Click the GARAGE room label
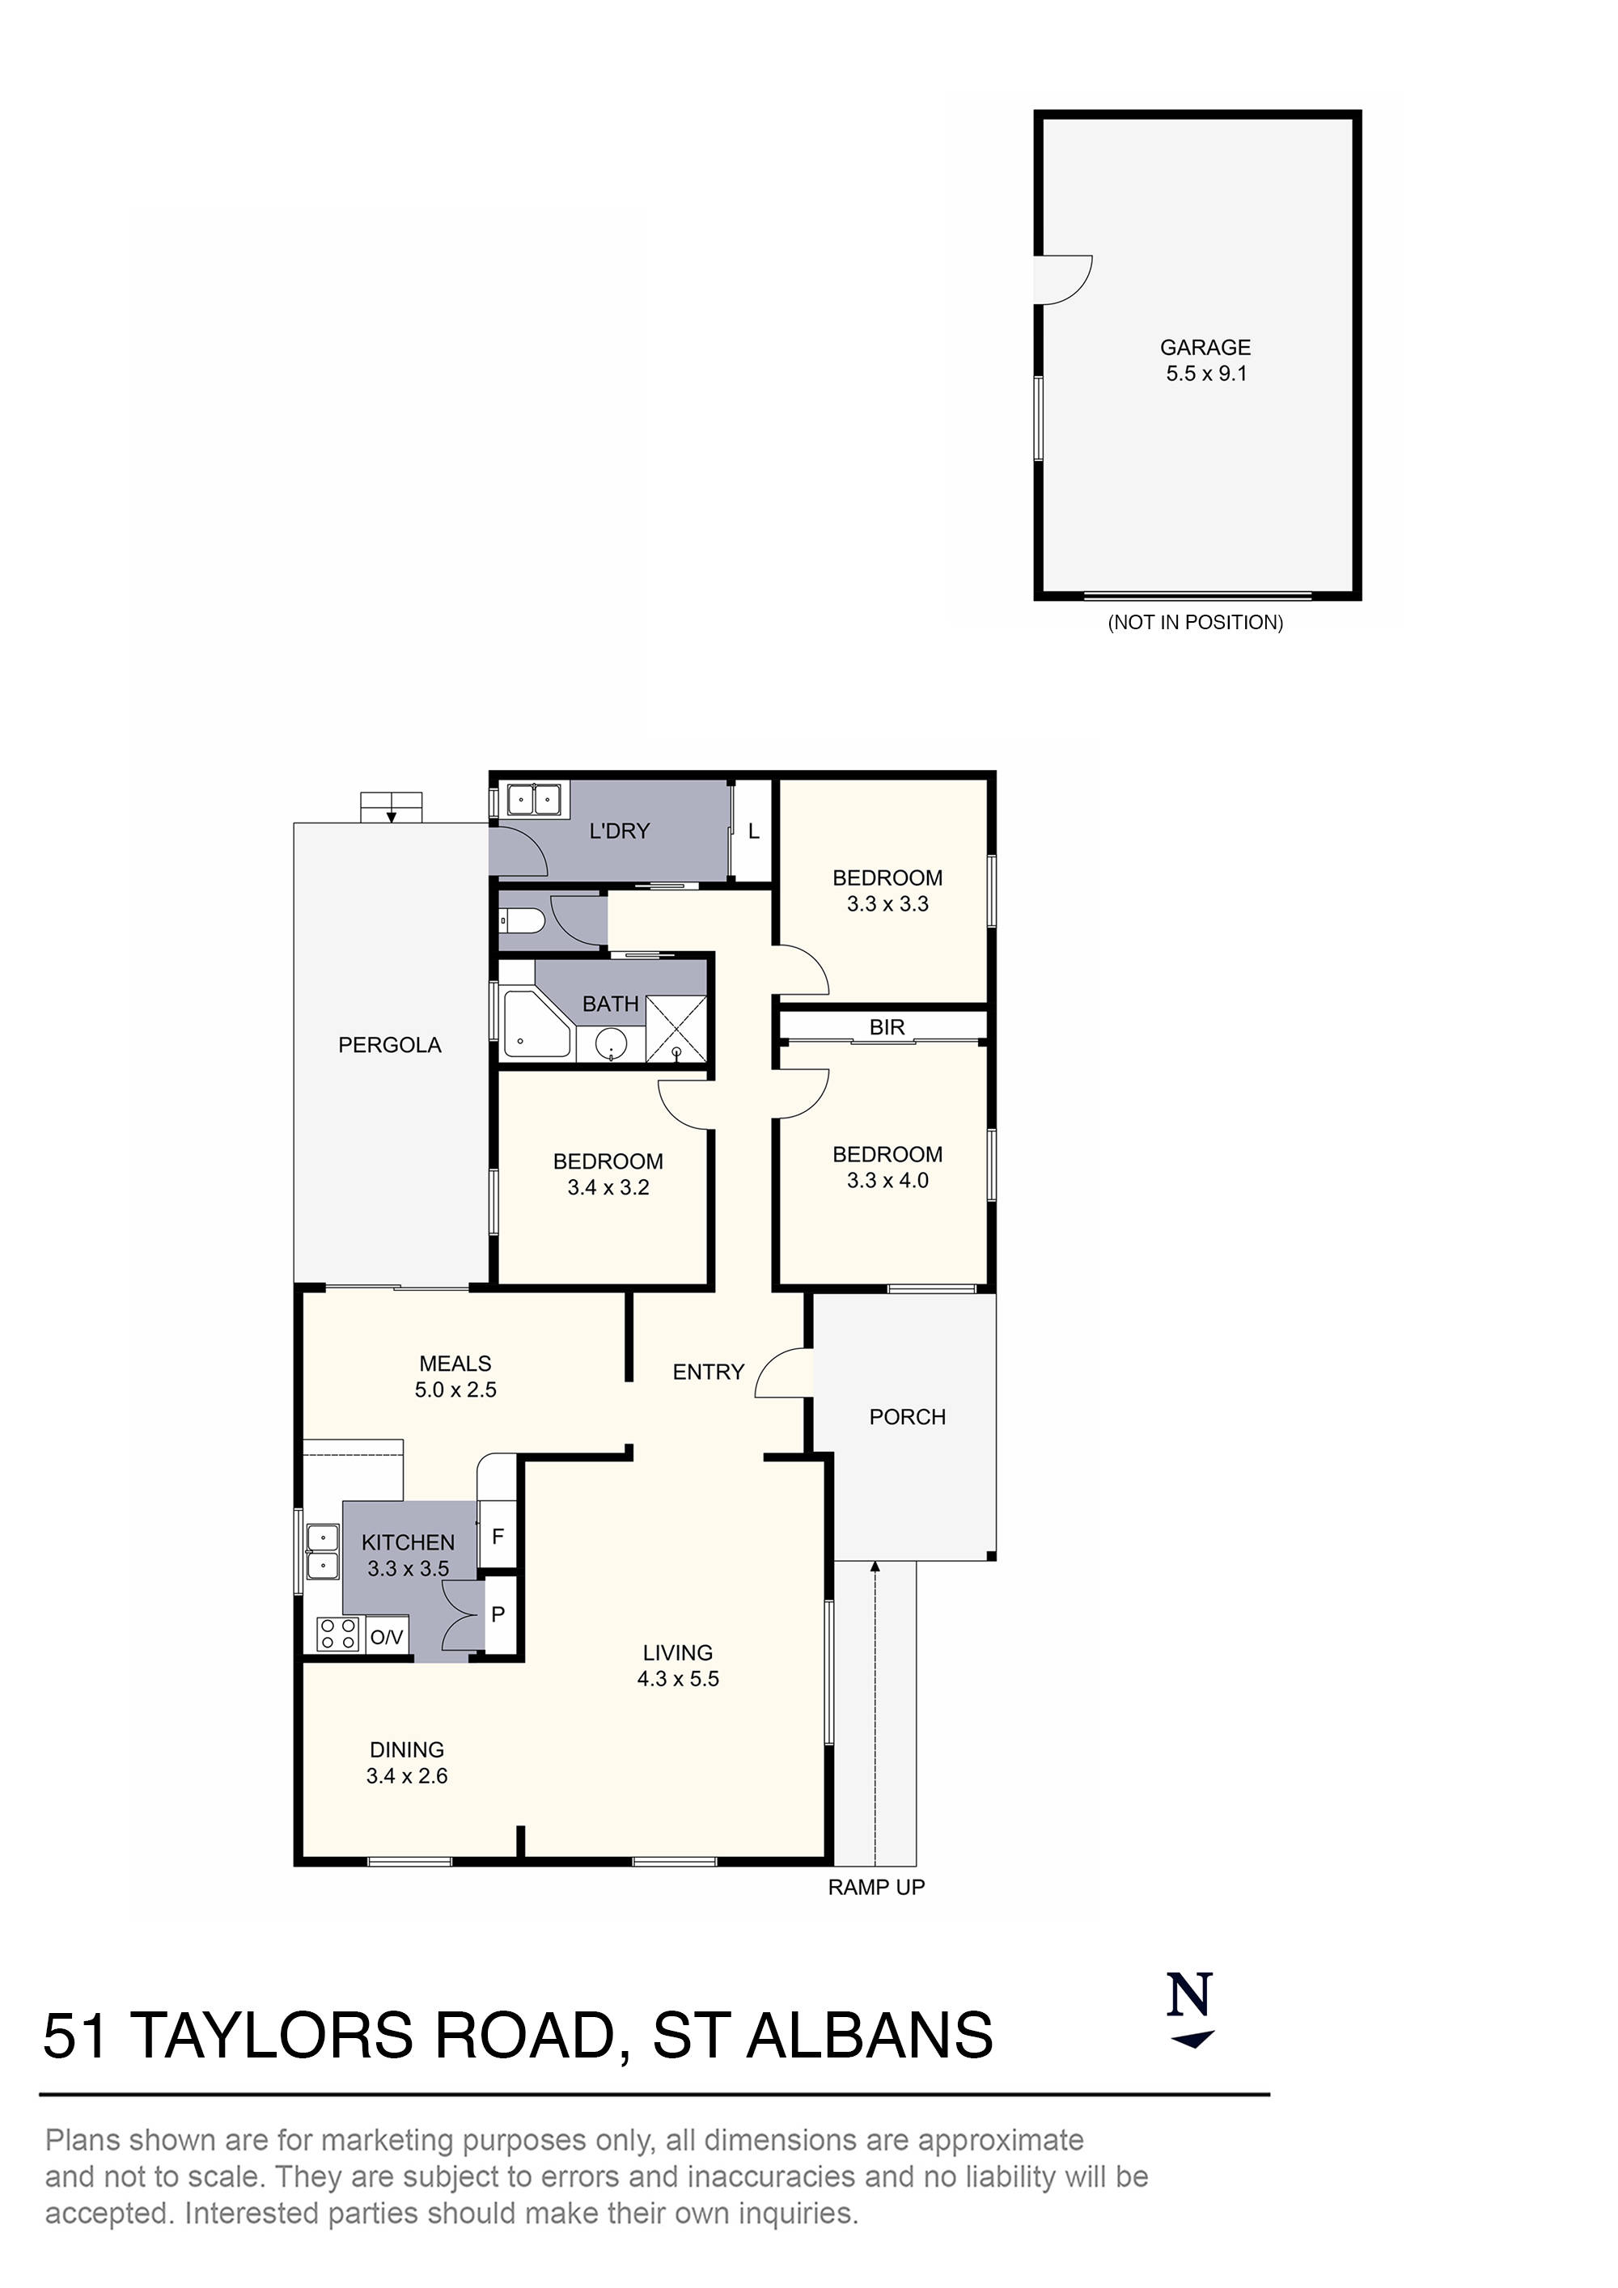click(x=1205, y=347)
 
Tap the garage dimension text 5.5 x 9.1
click(x=1206, y=374)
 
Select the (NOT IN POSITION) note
click(x=1196, y=622)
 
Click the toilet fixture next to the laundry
click(x=520, y=920)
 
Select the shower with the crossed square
click(x=676, y=1029)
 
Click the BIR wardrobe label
click(x=887, y=1026)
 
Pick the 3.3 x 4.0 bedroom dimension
click(x=887, y=1180)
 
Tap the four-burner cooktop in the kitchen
click(x=337, y=1635)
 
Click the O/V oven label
click(x=387, y=1636)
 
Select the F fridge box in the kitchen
click(x=498, y=1536)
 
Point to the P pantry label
click(x=498, y=1613)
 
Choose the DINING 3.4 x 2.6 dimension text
click(x=407, y=1776)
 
